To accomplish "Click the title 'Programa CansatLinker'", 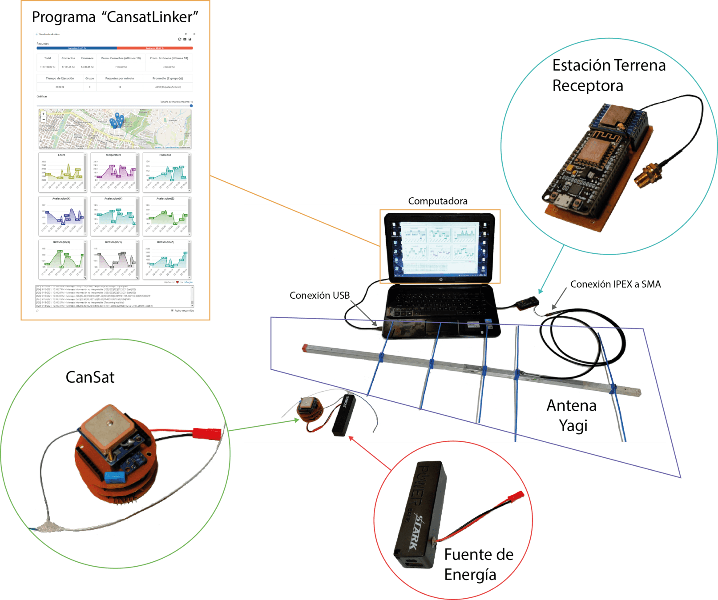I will tap(115, 17).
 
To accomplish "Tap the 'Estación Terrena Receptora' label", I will tap(609, 75).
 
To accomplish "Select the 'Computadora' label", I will tap(438, 201).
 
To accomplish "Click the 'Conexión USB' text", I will tap(319, 295).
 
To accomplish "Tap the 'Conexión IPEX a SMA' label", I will tap(615, 284).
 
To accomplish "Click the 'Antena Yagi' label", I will tap(572, 415).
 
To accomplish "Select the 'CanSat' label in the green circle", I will tap(90, 377).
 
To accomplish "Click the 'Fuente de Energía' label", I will tap(478, 564).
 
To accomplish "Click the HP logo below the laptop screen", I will tap(440, 280).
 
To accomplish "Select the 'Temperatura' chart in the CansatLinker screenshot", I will tap(114, 172).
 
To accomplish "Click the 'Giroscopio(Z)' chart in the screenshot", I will tap(166, 260).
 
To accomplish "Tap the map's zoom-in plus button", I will tap(43, 114).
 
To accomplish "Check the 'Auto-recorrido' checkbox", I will tap(172, 310).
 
